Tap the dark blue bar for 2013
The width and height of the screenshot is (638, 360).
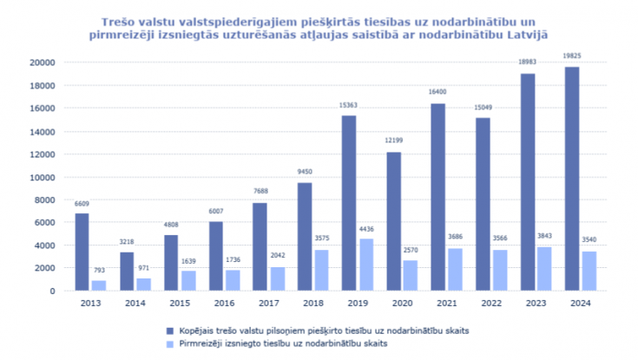82,252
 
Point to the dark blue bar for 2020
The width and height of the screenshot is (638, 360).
393,221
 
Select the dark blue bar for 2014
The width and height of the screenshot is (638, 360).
126,272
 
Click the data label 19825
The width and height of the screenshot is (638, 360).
571,56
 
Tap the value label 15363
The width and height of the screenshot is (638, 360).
349,105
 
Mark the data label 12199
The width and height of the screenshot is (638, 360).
393,141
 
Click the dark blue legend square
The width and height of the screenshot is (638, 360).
171,331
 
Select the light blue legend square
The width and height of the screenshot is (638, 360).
171,344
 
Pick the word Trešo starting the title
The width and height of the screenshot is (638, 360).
117,18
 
